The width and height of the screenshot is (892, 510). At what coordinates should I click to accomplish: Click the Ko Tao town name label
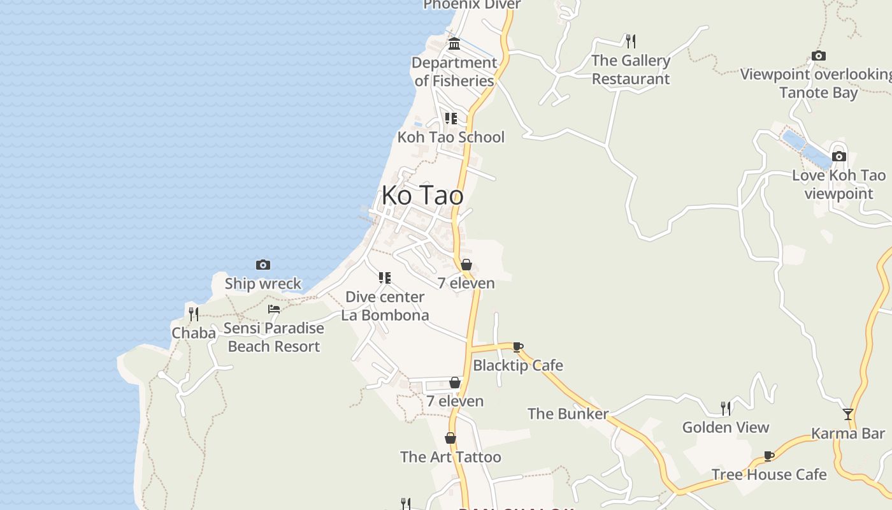point(422,195)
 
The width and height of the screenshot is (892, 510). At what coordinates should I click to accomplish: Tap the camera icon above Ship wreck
point(263,265)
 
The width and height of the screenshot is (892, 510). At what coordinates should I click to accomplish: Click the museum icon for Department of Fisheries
point(454,44)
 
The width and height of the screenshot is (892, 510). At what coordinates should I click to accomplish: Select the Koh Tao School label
point(451,137)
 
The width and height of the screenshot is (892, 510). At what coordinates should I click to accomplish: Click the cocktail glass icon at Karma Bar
point(848,414)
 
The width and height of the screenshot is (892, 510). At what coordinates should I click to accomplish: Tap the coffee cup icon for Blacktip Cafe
point(518,347)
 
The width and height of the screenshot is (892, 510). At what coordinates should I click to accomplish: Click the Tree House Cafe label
point(769,474)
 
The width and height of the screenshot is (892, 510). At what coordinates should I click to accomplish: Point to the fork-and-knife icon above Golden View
point(725,408)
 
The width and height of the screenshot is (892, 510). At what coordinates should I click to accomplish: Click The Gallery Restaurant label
point(631,69)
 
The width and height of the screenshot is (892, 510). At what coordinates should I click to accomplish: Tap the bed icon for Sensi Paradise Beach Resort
point(274,309)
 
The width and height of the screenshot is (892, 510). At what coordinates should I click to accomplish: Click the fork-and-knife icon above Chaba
point(194,314)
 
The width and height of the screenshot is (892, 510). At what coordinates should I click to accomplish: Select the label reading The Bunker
point(568,414)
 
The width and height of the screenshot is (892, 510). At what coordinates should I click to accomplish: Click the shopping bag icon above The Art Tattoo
point(450,439)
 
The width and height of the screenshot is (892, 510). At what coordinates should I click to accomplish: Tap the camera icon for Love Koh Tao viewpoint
point(839,156)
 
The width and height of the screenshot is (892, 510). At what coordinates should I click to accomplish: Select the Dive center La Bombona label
point(385,306)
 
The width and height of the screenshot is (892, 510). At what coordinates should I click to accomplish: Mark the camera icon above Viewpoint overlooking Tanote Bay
point(819,56)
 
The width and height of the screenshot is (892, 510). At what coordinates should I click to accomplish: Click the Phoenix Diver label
point(472,5)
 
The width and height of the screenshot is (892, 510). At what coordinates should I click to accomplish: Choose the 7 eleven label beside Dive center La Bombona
point(466,283)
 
